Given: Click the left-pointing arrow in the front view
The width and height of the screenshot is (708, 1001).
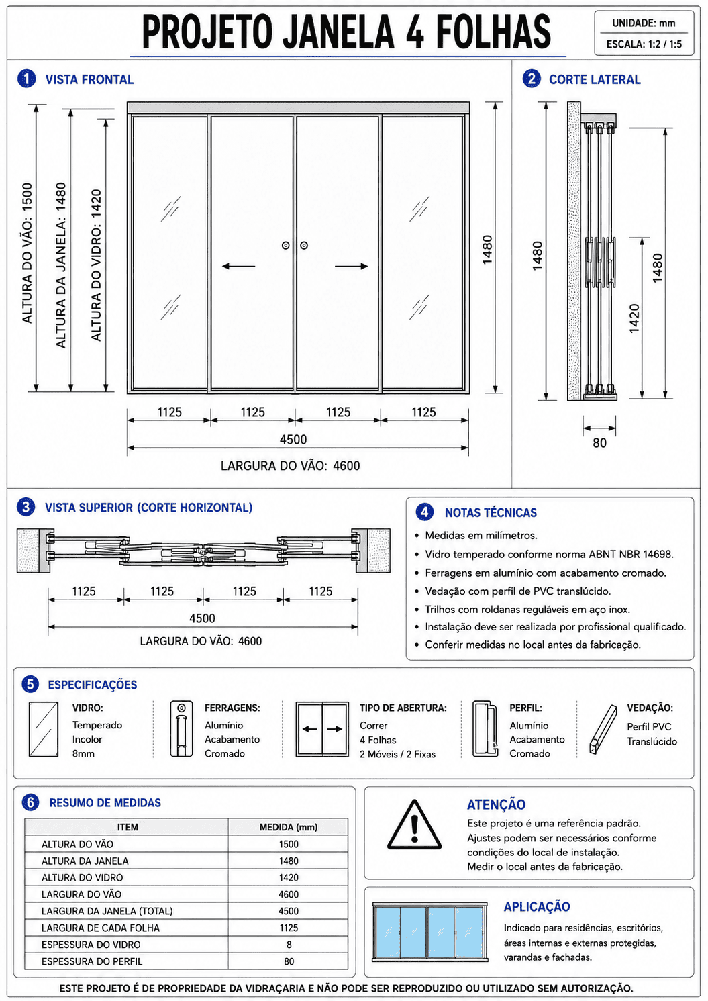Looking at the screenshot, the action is [238, 267].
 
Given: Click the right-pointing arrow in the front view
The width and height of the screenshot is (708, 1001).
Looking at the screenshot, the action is [352, 267].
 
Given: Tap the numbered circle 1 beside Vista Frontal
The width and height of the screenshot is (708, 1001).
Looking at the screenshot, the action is [26, 79].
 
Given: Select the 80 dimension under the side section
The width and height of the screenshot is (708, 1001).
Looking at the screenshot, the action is [599, 443].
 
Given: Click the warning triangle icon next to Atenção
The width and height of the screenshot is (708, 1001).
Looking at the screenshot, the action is [415, 825].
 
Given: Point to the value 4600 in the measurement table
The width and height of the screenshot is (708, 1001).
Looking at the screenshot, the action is [289, 894].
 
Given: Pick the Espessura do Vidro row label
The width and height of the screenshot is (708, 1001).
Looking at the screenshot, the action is [91, 944].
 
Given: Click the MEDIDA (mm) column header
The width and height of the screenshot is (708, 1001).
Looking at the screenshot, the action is [289, 827].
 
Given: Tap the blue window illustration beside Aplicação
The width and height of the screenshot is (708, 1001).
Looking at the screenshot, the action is [429, 932].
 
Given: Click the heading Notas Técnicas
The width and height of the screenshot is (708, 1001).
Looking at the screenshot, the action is [491, 512].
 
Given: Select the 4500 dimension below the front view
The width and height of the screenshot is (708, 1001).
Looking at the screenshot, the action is [293, 440].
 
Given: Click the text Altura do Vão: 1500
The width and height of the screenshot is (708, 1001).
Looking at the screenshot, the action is [28, 253].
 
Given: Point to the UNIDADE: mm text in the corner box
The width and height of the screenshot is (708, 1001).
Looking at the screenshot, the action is [644, 23].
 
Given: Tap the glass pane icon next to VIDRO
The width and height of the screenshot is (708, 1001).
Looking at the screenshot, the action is [44, 729].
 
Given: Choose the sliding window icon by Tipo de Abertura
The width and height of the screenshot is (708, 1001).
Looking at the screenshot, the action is [322, 729].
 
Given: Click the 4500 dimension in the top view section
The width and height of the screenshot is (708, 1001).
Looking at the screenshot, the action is [203, 618].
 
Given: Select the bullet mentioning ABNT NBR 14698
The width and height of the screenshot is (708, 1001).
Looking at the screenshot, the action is [549, 554].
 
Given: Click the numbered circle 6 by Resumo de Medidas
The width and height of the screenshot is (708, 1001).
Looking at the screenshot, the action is [30, 802].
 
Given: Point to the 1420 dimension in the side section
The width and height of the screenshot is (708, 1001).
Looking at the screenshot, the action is [634, 318].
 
